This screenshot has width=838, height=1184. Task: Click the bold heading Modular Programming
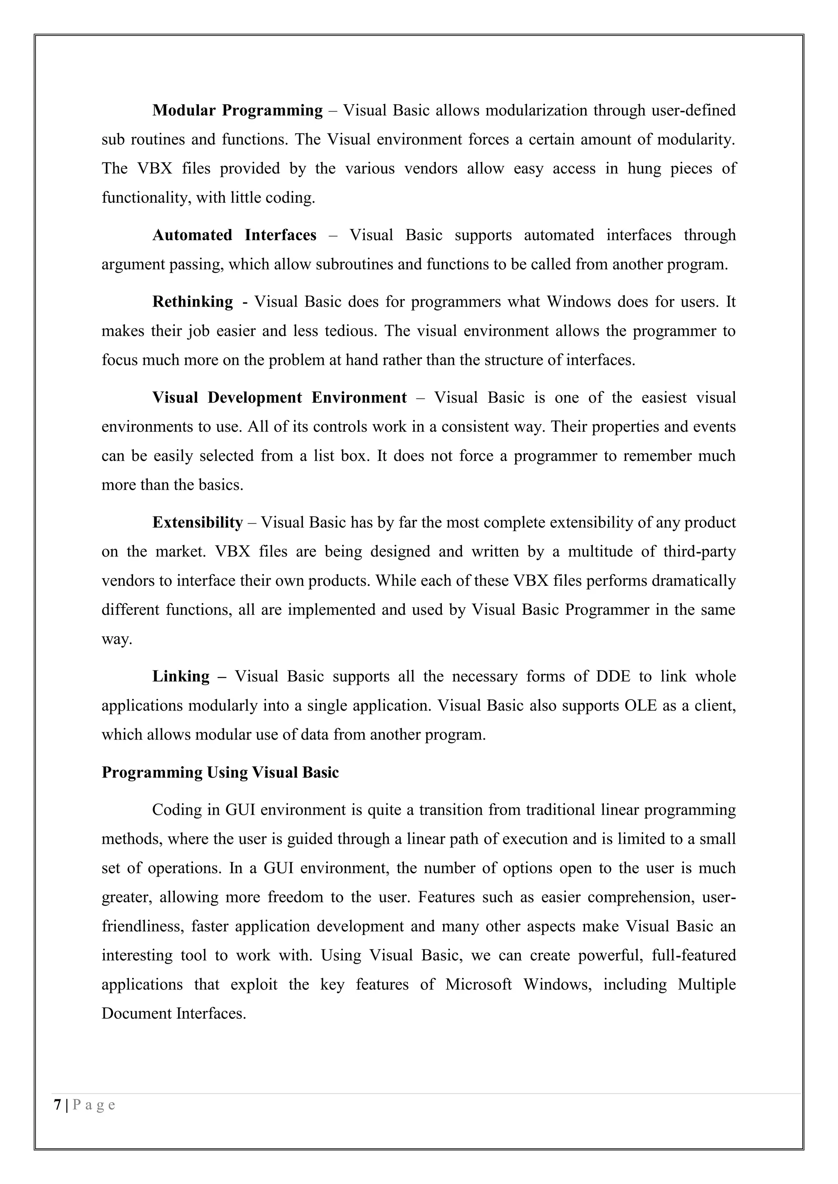(237, 110)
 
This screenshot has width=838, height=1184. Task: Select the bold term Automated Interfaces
(234, 235)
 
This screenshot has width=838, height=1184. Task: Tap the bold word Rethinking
(192, 302)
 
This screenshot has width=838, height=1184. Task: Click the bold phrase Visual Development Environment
(279, 397)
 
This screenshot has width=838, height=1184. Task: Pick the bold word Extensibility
(197, 522)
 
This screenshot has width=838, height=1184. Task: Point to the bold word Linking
(180, 676)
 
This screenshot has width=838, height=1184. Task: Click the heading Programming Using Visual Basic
(220, 772)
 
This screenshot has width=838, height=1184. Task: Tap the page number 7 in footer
(57, 1105)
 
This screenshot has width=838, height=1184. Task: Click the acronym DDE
(613, 676)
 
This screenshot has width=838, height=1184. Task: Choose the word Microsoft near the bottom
(478, 984)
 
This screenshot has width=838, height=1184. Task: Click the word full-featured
(694, 955)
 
